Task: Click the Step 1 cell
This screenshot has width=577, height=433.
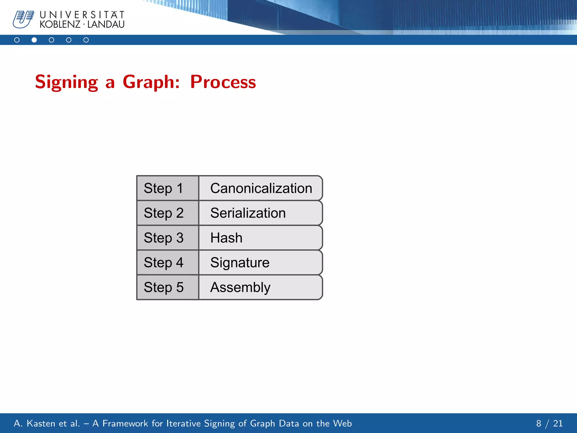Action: click(168, 188)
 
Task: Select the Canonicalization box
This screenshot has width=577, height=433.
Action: click(261, 188)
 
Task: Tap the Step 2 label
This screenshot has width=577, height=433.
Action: click(164, 213)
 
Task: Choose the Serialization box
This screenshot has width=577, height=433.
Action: click(261, 213)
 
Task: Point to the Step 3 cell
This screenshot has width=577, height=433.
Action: click(168, 238)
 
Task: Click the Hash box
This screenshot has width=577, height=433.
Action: click(261, 238)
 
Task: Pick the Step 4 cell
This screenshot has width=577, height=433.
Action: click(168, 263)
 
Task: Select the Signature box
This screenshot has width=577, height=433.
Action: click(261, 263)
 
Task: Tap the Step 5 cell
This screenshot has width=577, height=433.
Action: click(168, 288)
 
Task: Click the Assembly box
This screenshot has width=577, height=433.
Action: click(261, 288)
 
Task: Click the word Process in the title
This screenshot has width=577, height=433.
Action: click(223, 82)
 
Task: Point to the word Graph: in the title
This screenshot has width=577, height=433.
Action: click(151, 82)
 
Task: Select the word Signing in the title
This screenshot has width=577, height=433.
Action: click(66, 82)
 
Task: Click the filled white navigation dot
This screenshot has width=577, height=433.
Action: click(34, 40)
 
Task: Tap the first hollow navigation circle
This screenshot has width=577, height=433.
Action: click(17, 40)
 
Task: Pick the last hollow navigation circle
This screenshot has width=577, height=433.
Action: click(86, 40)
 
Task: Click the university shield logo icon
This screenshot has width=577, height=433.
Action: click(23, 19)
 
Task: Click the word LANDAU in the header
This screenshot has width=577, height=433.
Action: click(106, 25)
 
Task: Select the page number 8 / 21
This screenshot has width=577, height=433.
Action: click(549, 423)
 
